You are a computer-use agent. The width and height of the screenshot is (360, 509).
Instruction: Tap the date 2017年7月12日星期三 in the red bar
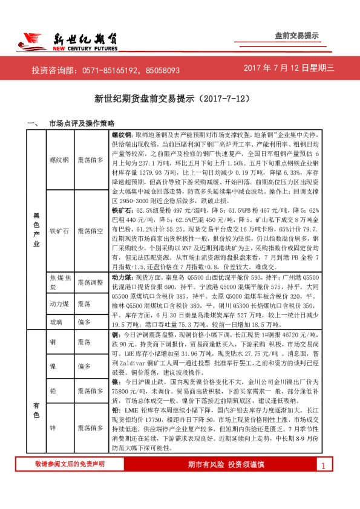(x=289, y=70)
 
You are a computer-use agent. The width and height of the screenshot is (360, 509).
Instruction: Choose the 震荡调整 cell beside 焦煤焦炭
(x=91, y=282)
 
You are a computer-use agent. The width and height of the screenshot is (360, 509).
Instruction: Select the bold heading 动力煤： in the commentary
(x=123, y=276)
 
